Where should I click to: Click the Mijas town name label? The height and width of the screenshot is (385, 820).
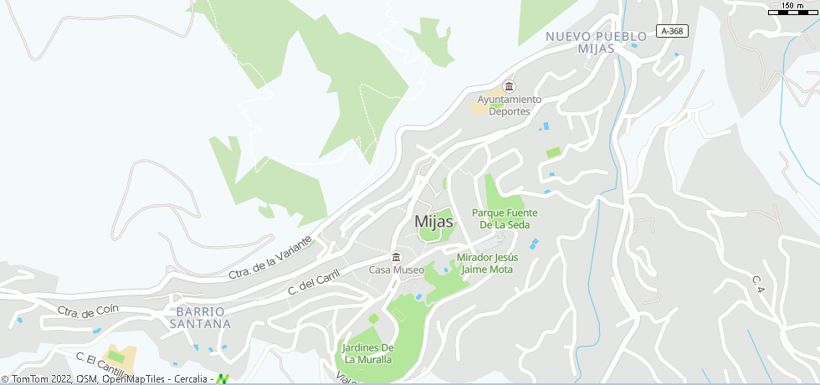point(433,222)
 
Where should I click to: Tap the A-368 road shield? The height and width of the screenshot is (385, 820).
point(670,31)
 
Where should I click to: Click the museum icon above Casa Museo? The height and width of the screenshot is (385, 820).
point(397,257)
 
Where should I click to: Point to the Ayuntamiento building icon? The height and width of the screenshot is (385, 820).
point(509,87)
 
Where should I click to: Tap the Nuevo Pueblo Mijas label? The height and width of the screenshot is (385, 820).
point(596,43)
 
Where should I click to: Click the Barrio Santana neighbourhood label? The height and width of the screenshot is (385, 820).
point(199,317)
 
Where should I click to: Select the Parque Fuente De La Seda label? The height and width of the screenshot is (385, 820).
point(504,218)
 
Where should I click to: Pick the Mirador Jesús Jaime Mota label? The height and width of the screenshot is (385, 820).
point(486,264)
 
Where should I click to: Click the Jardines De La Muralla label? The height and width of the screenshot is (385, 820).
point(367,353)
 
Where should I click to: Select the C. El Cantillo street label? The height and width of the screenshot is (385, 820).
point(99,363)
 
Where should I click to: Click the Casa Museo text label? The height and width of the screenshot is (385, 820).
point(397,270)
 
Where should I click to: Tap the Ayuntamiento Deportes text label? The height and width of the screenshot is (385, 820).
point(509,105)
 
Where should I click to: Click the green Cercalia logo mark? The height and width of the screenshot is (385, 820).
point(222,379)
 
